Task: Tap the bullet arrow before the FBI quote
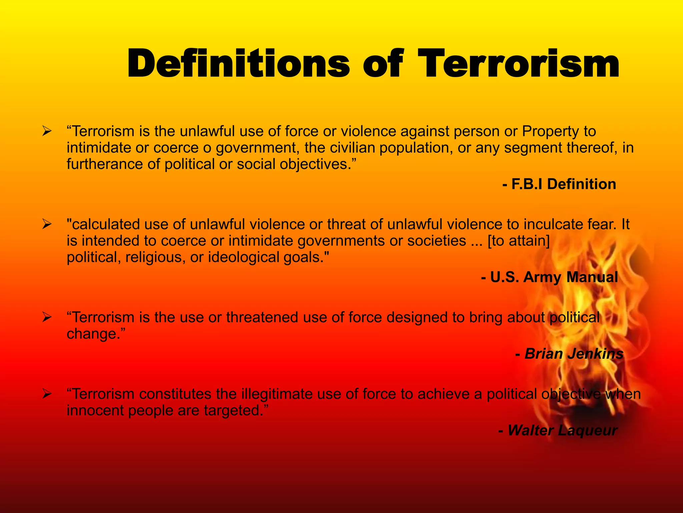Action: [46, 132]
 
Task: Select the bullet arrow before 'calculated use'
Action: [46, 224]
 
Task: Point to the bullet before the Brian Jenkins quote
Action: [46, 317]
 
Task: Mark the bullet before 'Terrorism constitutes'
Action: [46, 394]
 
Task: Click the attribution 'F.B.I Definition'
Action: [563, 184]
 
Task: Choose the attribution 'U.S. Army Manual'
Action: [554, 277]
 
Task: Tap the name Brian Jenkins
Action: [574, 354]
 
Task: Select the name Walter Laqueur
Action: [562, 430]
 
